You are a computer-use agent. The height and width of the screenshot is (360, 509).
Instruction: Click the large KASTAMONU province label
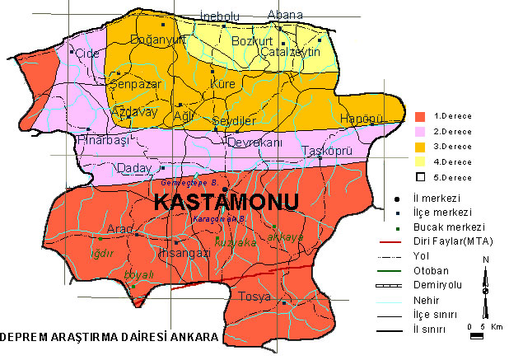[x=215, y=203]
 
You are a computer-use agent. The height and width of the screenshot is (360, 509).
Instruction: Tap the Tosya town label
[x=254, y=297]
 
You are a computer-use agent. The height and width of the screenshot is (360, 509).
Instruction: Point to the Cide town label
[x=86, y=54]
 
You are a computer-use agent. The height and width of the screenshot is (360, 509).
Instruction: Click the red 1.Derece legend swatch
[x=420, y=116]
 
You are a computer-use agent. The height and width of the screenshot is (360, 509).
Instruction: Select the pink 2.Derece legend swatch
[x=420, y=131]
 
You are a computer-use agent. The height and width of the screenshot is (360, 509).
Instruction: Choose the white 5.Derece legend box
[x=420, y=176]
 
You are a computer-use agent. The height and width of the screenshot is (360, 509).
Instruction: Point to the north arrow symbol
[x=485, y=280]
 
